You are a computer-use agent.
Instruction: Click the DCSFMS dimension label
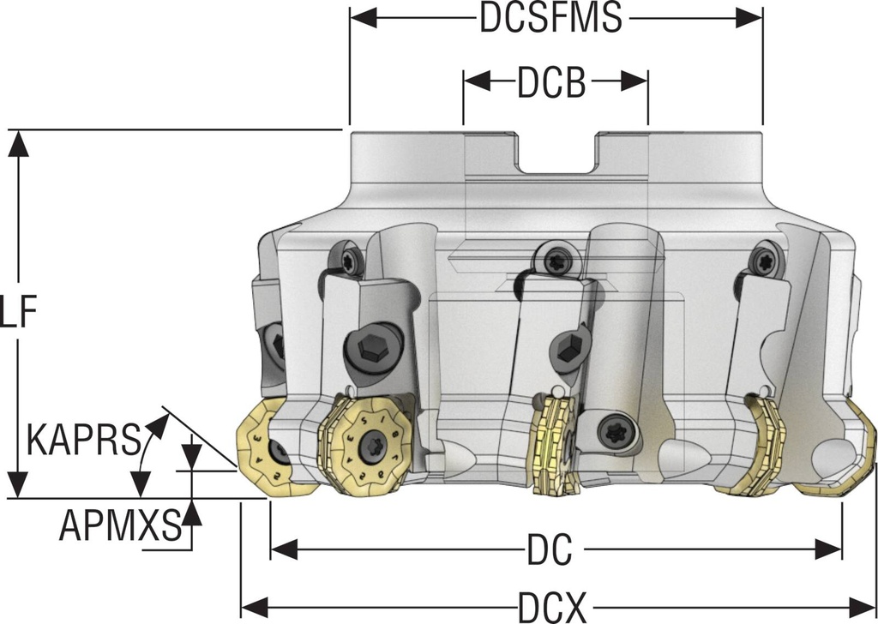[x=550, y=18]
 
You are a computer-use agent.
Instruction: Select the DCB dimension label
[x=551, y=83]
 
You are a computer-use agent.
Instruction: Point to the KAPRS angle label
[x=83, y=441]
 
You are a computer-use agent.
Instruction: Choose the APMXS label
[x=120, y=525]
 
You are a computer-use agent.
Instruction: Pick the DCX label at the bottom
[x=551, y=608]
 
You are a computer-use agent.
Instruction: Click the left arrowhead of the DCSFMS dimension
[x=359, y=18]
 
